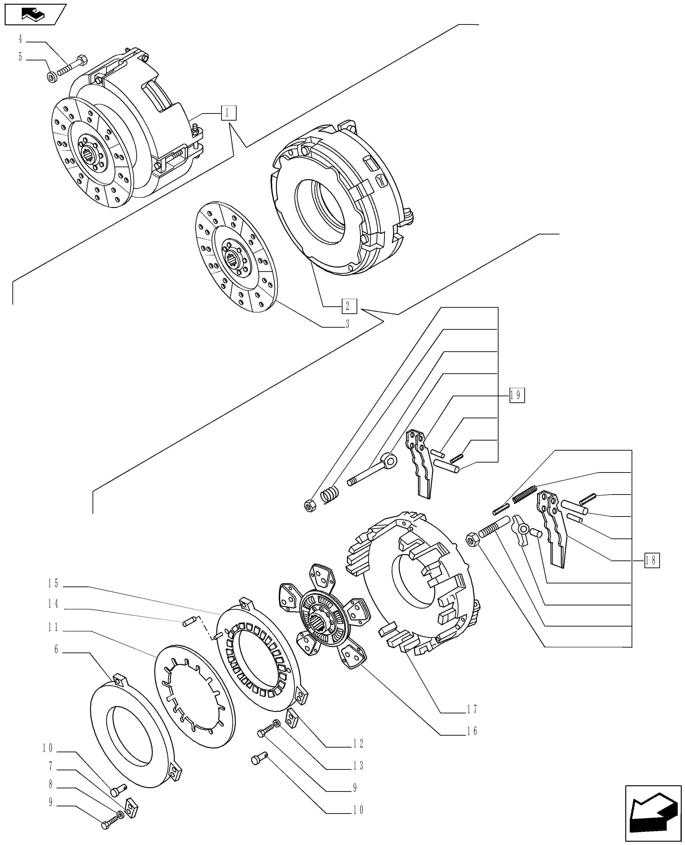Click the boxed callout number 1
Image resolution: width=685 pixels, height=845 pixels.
[x=229, y=113]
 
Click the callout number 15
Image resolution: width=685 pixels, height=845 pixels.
[x=53, y=583]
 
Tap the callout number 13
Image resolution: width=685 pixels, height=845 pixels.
[x=358, y=766]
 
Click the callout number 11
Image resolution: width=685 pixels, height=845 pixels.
[x=53, y=627]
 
